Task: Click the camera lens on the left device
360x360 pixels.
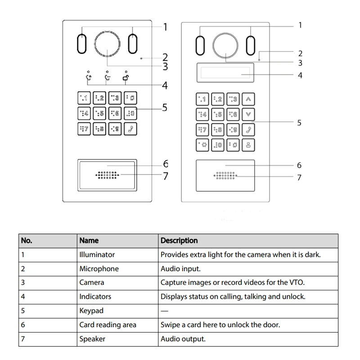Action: (x=107, y=44)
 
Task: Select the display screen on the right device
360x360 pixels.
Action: (x=224, y=71)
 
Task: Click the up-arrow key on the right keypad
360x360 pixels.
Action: (x=248, y=99)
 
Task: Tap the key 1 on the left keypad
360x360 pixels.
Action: (x=84, y=98)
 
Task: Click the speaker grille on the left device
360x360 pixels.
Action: (x=107, y=175)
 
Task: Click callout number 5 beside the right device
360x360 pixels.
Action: (x=299, y=122)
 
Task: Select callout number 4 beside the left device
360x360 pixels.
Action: (x=165, y=85)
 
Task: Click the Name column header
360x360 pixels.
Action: (x=89, y=241)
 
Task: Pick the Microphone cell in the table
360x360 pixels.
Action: (x=99, y=269)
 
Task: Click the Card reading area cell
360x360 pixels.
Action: (x=108, y=324)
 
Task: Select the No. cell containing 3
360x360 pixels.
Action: (x=23, y=283)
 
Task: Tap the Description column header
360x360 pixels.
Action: (x=179, y=241)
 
